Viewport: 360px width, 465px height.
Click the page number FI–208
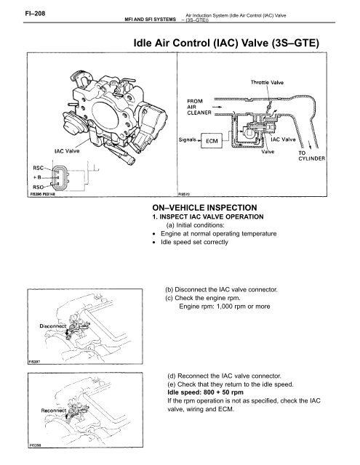pyautogui.click(x=35, y=13)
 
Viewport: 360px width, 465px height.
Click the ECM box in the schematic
pyautogui.click(x=212, y=141)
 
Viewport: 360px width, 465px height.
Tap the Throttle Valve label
pyautogui.click(x=267, y=82)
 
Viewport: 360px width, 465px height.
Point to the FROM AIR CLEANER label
pyautogui.click(x=199, y=107)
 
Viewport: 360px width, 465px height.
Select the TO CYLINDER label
pyautogui.click(x=311, y=155)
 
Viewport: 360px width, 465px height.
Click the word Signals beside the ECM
pyautogui.click(x=187, y=139)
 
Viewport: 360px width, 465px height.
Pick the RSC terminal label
pyautogui.click(x=38, y=168)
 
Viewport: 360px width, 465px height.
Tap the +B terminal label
pyautogui.click(x=37, y=177)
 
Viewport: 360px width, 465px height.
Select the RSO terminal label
pyautogui.click(x=39, y=187)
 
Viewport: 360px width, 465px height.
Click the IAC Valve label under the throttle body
pyautogui.click(x=67, y=151)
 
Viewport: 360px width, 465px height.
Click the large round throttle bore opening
pyautogui.click(x=105, y=115)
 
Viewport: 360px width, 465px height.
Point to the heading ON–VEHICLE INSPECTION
pyautogui.click(x=204, y=208)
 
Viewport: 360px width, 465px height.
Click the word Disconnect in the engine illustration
pyautogui.click(x=53, y=326)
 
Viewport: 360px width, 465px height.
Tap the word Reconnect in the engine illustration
pyautogui.click(x=54, y=411)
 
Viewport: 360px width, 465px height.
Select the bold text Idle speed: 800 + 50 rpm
pyautogui.click(x=205, y=392)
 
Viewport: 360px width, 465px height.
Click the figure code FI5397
pyautogui.click(x=34, y=362)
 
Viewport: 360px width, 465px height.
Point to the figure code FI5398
pyautogui.click(x=35, y=445)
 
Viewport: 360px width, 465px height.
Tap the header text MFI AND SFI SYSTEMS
pyautogui.click(x=150, y=20)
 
